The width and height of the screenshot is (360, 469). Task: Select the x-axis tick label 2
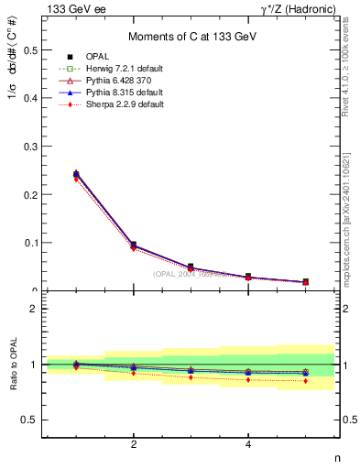point(134,445)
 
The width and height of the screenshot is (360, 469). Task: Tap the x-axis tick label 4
point(248,445)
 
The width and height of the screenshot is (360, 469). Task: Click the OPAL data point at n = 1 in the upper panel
point(76,174)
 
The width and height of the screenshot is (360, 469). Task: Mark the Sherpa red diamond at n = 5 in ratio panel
point(306,380)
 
